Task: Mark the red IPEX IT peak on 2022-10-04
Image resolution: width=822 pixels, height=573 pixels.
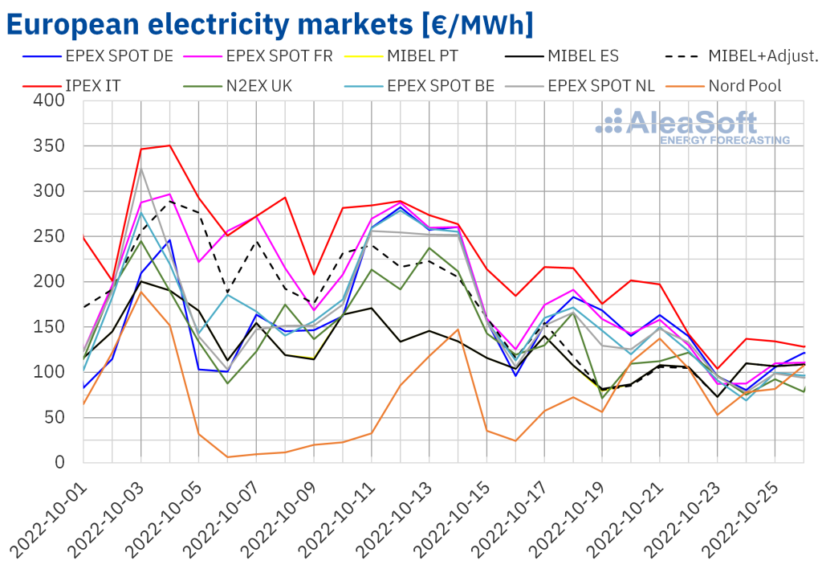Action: pos(169,145)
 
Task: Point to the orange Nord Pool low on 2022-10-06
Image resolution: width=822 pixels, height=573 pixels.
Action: pos(228,457)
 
